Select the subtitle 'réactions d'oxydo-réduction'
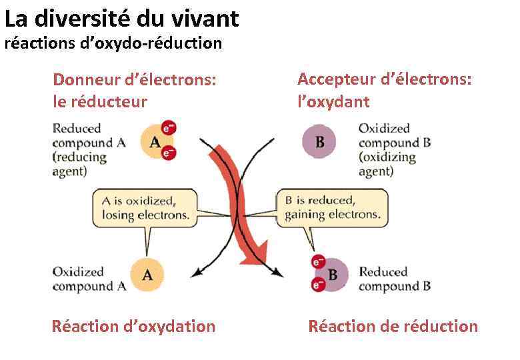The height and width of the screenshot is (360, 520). coord(113,44)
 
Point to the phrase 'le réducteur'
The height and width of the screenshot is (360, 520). coord(99,102)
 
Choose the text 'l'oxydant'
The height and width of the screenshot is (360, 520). coord(333,102)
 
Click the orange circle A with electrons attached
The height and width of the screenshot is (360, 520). coord(155,142)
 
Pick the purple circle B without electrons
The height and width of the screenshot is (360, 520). coord(319,141)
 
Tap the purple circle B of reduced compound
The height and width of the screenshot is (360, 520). coord(331,274)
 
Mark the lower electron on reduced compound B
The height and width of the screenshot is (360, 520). coord(317,285)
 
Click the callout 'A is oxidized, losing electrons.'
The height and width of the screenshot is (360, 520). coord(145,207)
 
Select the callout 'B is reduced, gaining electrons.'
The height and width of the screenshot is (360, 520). coord(332,207)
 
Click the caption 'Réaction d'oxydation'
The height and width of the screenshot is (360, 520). coord(133,326)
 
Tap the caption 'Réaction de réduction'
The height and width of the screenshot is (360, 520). coord(393,326)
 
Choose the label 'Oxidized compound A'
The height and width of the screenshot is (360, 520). coord(89,279)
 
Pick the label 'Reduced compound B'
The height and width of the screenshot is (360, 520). coord(394,279)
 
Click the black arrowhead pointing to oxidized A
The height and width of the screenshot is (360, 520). coord(197,271)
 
